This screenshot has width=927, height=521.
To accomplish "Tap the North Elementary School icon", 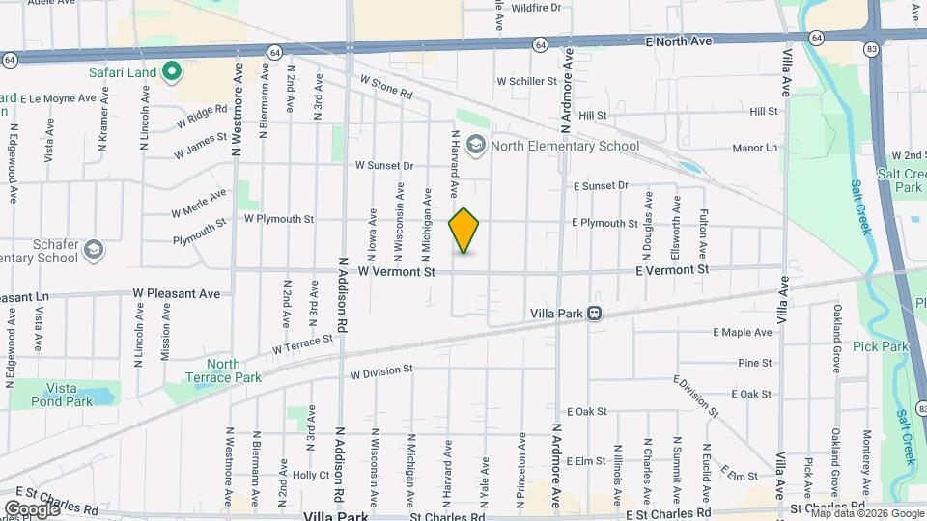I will (x=475, y=147).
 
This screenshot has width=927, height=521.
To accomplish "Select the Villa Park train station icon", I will (x=595, y=314).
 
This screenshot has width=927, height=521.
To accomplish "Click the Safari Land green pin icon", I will (x=172, y=70).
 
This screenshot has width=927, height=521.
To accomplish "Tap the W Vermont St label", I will (x=396, y=273).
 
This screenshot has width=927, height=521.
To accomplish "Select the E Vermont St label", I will (x=672, y=270).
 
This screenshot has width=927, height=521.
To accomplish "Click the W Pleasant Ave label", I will (x=177, y=292).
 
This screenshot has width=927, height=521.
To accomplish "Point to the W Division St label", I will (x=381, y=370).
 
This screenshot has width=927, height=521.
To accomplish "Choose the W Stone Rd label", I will (x=384, y=88).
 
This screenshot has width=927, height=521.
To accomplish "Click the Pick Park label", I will (x=882, y=346).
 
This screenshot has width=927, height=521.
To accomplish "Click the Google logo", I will (x=31, y=508).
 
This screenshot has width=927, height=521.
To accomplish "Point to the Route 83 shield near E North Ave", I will (x=870, y=49).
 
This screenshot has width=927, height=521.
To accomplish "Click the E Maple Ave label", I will (x=743, y=332).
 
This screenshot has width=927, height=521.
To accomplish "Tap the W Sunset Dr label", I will (x=383, y=166).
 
